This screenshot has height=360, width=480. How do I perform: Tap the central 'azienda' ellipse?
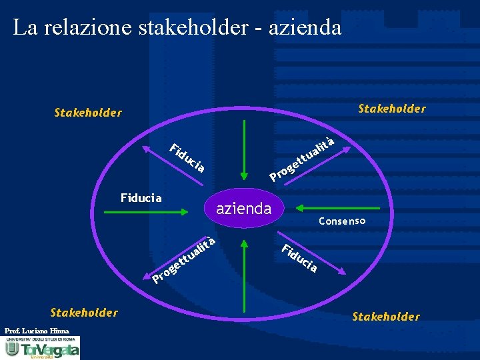coord(244,209)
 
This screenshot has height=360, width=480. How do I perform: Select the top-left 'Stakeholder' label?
coord(88,113)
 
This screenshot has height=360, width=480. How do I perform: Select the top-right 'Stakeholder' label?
coord(392,108)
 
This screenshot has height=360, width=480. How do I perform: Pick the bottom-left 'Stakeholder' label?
coord(85,312)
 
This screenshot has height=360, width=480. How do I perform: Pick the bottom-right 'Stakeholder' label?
coord(386,316)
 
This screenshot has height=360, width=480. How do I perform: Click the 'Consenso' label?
coord(342,221)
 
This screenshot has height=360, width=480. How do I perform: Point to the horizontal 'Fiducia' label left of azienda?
coord(141,197)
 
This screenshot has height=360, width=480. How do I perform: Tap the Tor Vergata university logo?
coord(41,348)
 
